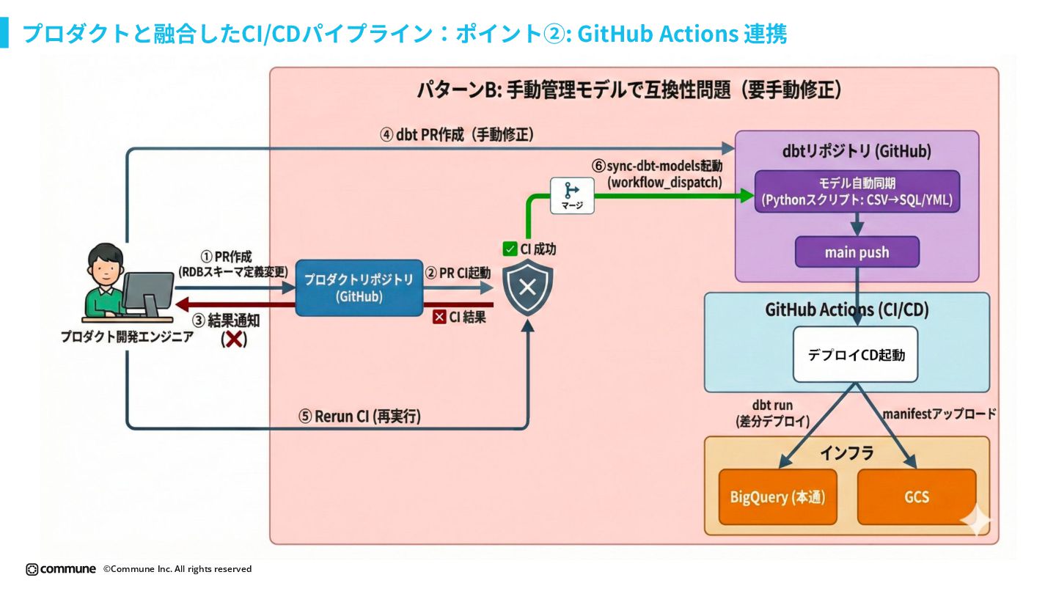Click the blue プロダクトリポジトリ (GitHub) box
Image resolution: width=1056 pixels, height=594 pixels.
tap(359, 287)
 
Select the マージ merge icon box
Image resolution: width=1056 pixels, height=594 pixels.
tap(572, 196)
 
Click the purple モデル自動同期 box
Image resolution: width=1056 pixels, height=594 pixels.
tap(857, 191)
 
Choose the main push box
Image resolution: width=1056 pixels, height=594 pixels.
tap(857, 252)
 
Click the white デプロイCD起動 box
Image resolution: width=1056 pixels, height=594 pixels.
tap(856, 355)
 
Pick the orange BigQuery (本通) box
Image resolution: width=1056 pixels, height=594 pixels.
tap(777, 497)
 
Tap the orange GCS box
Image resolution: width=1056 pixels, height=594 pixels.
tap(917, 497)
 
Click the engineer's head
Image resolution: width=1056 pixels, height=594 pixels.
tap(105, 265)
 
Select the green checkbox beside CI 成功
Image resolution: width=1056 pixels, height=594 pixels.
tap(510, 249)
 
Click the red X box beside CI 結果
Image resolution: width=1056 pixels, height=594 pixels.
tap(440, 318)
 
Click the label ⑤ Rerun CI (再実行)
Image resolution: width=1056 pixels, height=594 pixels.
tap(359, 417)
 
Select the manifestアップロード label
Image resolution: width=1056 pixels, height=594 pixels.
tap(939, 414)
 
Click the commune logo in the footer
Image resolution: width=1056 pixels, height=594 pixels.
tap(61, 569)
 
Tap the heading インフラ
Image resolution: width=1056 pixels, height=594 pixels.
tap(847, 453)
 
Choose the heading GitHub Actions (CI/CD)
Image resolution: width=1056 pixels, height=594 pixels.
tap(847, 309)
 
